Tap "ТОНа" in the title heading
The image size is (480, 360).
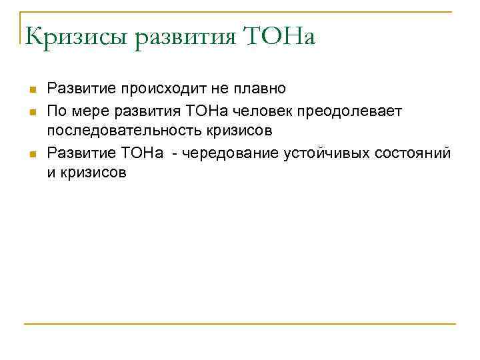281,35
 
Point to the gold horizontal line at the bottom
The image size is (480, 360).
240,324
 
